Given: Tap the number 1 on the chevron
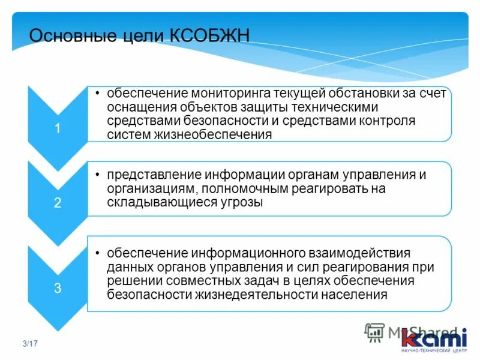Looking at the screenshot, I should pos(58,128).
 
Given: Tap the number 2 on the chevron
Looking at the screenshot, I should pos(58,203).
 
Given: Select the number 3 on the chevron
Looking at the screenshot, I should pos(58,288).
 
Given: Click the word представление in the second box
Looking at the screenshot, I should pos(154,175).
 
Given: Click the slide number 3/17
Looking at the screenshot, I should pos(30,344).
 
